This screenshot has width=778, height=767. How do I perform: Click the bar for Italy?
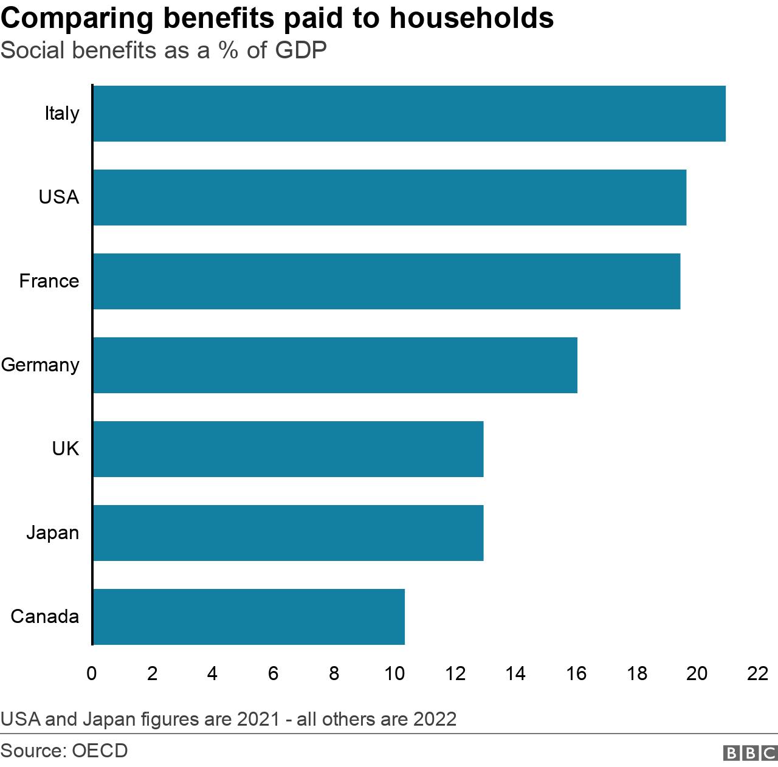[x=409, y=114]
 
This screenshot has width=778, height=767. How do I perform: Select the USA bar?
[x=390, y=198]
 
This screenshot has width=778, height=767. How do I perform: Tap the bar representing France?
[x=387, y=281]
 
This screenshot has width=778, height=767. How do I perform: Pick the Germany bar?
[x=335, y=365]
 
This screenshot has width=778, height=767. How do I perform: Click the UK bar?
[x=288, y=449]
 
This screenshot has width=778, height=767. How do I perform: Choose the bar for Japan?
[x=288, y=533]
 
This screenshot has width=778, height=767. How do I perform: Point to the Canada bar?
[x=249, y=617]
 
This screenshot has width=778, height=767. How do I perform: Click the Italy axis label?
[x=61, y=114]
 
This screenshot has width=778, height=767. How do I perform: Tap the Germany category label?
[x=40, y=365]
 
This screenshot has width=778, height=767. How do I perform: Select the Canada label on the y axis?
[x=45, y=617]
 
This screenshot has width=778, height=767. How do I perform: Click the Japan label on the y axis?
[x=52, y=533]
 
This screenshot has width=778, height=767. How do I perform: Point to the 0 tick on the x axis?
[x=92, y=673]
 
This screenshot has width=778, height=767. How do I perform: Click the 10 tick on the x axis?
[x=394, y=673]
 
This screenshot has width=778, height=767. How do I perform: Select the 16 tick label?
[x=576, y=673]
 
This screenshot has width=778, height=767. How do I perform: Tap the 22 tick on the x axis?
[x=758, y=673]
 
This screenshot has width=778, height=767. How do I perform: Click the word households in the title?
[x=472, y=18]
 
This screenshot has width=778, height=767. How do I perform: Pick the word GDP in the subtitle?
[x=301, y=50]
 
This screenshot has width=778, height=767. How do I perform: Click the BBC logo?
[x=750, y=753]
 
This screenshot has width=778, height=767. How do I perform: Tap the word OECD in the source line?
[x=100, y=751]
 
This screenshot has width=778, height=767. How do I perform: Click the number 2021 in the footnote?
[x=258, y=719]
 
